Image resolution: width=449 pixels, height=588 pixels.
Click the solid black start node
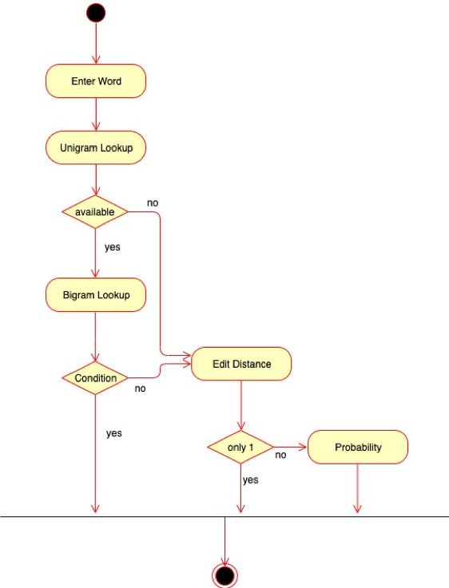point(95,12)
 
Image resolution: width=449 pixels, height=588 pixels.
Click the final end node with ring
point(224,574)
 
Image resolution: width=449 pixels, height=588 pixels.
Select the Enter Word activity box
point(96,81)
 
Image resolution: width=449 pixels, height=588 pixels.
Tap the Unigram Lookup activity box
point(96,148)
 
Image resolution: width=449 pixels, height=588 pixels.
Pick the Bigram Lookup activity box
point(96,295)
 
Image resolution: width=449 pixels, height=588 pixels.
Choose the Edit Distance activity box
point(241,364)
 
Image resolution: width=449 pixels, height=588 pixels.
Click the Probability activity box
point(357,447)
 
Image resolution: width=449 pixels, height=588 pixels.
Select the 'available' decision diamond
point(96,212)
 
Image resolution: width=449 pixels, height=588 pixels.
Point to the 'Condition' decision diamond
point(96,377)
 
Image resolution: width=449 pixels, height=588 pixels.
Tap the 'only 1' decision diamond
point(240,448)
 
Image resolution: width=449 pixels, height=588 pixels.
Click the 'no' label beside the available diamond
point(153,203)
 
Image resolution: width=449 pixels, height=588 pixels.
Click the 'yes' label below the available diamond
point(113,247)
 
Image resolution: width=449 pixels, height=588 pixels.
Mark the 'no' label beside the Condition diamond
point(140,389)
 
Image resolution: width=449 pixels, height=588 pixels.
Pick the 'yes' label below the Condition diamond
point(114,433)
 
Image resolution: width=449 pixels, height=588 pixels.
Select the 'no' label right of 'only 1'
point(281,456)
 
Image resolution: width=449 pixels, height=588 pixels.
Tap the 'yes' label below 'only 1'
point(250,480)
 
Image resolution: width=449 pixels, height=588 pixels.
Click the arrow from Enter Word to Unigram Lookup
point(96,114)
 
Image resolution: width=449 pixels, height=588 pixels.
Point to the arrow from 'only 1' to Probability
point(291,448)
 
